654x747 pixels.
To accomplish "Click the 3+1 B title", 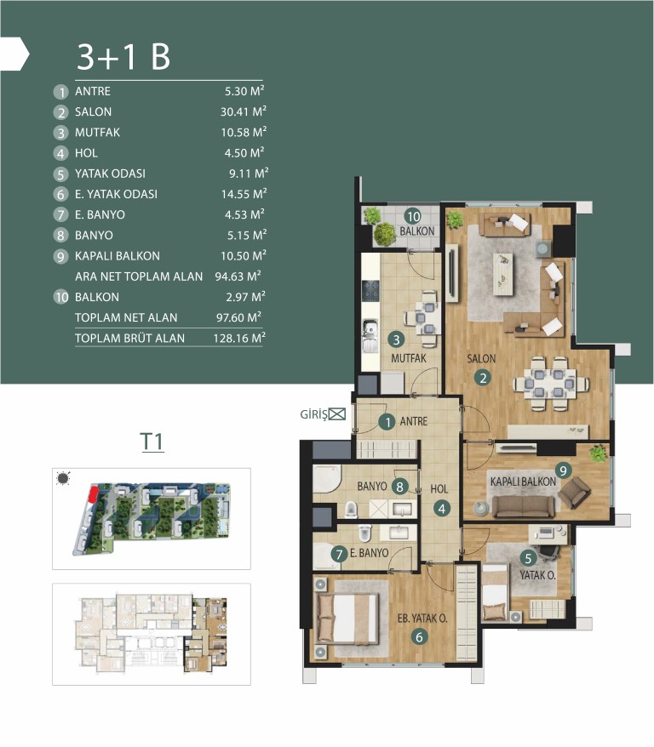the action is coord(123,57).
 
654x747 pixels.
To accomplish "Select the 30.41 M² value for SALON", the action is coord(243,111).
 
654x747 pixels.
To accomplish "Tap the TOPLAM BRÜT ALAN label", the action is coord(129,339).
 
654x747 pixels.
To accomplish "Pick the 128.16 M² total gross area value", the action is coord(239,338).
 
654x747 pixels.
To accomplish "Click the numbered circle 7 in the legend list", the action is coord(60,215).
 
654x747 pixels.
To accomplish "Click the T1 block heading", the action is coord(152,442).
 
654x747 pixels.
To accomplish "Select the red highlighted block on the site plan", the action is coord(94,493).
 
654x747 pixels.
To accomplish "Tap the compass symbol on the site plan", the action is coord(62,478).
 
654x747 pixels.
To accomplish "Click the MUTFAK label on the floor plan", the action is coord(409,358).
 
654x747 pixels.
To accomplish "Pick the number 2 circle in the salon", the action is coord(483,378).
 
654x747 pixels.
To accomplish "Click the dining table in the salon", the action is coord(551,383).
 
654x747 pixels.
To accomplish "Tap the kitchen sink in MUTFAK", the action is coord(370,335).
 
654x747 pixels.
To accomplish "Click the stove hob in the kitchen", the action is coord(370,290).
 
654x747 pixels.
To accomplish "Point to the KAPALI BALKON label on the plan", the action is coord(523,482).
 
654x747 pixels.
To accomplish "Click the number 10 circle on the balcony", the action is coord(413,216).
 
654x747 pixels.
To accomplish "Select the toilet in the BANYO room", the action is coord(351,509).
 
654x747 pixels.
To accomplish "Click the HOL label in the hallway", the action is coord(439,489).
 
